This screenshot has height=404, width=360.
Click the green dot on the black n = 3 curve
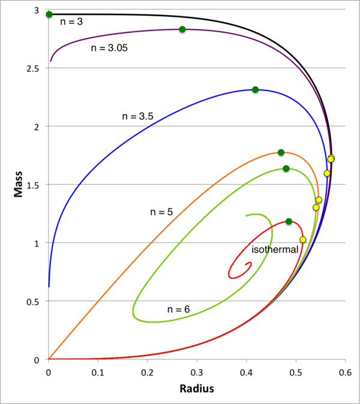(x=49, y=14)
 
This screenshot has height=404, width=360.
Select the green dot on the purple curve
(x=182, y=29)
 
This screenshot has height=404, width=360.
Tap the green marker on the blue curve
(x=255, y=90)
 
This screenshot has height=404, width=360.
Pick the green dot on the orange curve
(x=281, y=152)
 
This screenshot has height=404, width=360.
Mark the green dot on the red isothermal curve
(x=289, y=222)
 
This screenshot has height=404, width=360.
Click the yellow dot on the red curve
(x=303, y=240)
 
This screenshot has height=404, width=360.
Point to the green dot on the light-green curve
(x=286, y=168)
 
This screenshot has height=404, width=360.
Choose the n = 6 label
(x=178, y=309)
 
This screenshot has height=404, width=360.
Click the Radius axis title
(x=196, y=388)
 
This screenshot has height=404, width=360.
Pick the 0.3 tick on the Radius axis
(x=197, y=372)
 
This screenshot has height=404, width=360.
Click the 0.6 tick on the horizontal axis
(x=344, y=372)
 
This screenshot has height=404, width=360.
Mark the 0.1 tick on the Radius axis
(x=98, y=372)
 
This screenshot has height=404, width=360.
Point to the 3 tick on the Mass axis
(x=40, y=11)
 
